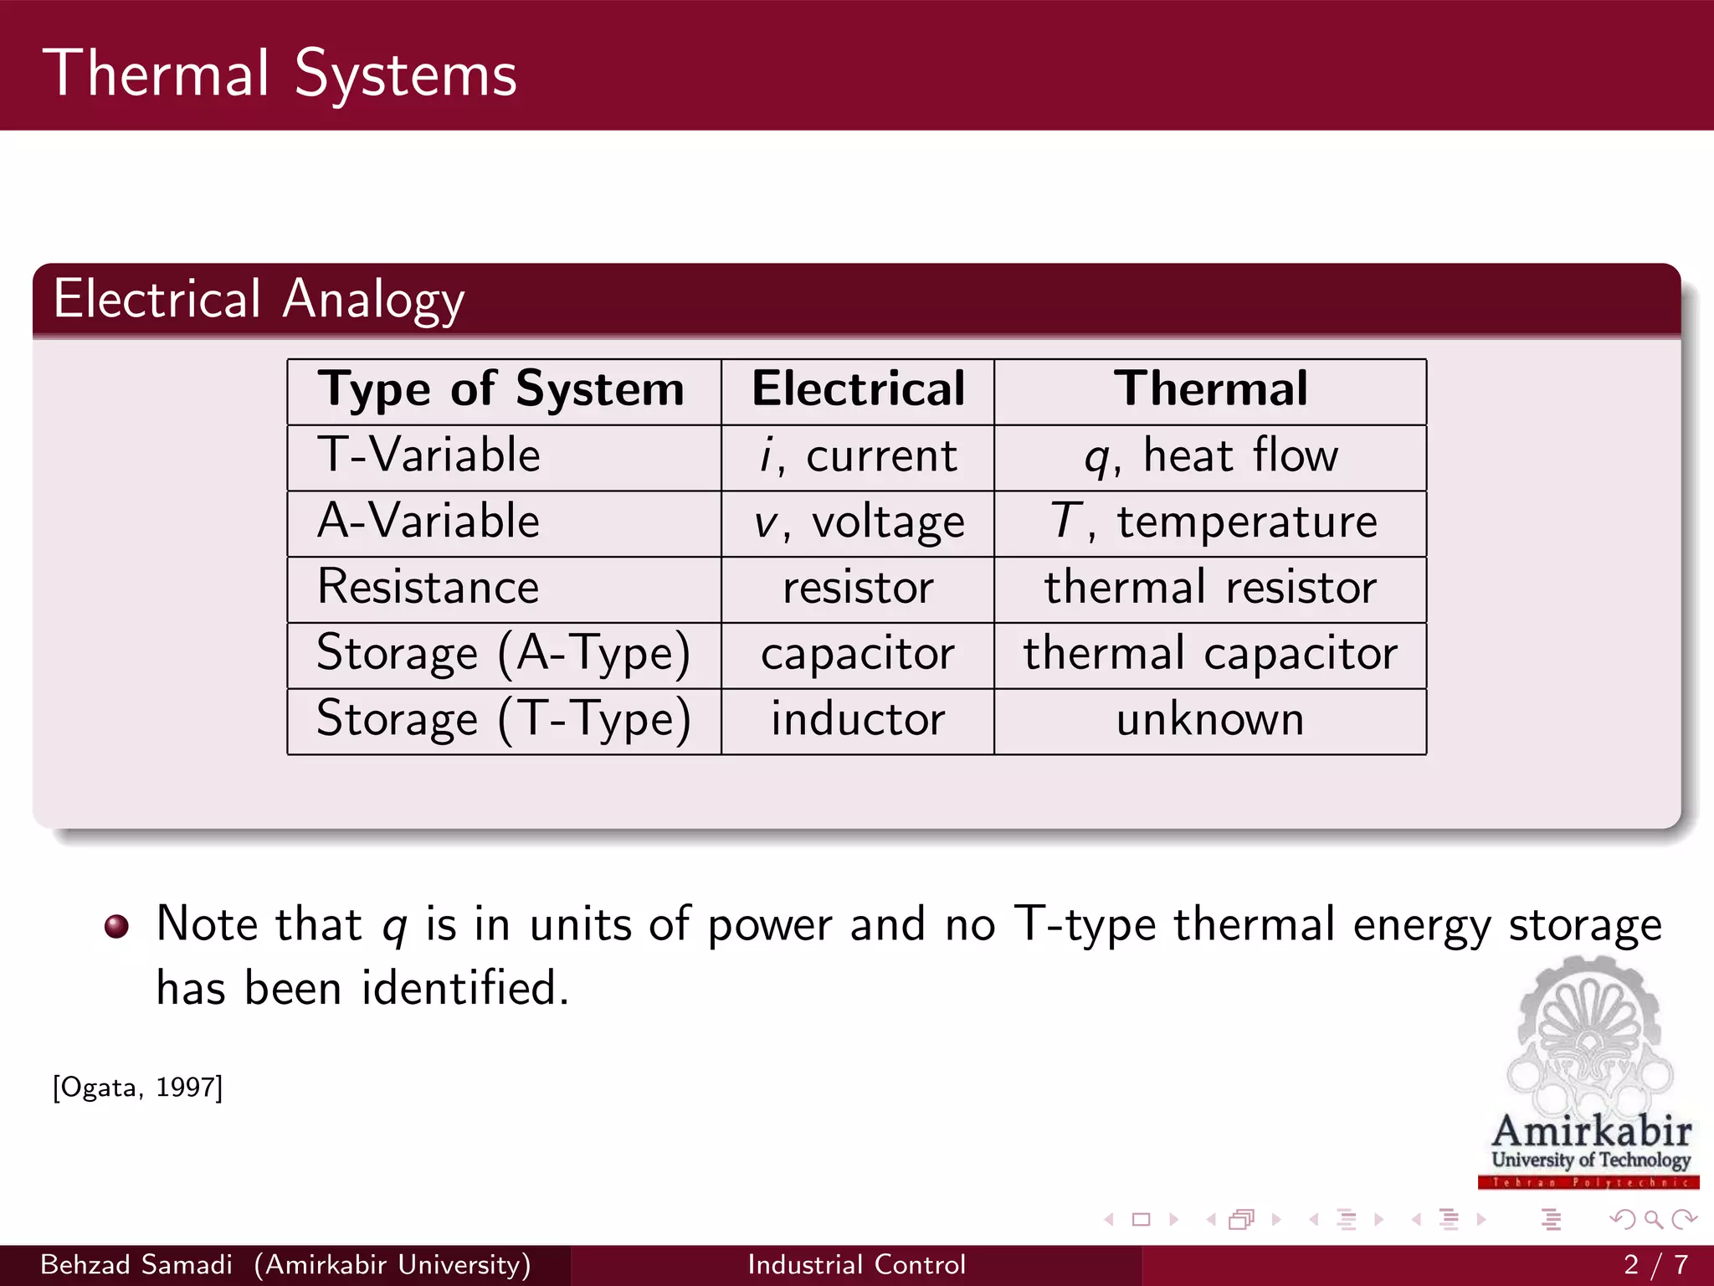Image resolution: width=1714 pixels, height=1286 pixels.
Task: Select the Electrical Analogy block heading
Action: click(259, 299)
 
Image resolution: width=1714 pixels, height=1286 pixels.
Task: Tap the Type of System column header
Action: click(500, 390)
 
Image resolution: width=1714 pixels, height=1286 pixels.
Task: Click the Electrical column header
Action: click(858, 389)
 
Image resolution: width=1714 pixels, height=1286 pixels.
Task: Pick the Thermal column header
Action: click(1210, 389)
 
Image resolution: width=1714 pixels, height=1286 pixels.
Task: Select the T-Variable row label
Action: click(428, 456)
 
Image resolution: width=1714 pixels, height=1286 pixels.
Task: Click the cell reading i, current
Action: click(858, 457)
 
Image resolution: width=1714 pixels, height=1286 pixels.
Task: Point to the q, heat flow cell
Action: click(1210, 457)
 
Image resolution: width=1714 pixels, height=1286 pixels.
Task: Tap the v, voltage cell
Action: click(859, 523)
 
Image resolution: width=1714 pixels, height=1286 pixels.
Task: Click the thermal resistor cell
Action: click(1210, 588)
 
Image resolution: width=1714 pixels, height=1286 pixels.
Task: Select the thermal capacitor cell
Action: click(1210, 654)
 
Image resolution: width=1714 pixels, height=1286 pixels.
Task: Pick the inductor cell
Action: click(858, 720)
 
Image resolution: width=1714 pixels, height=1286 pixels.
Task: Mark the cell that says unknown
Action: click(1210, 720)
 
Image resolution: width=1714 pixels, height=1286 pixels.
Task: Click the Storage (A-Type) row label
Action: click(503, 654)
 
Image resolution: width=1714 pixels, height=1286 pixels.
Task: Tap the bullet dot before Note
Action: click(116, 926)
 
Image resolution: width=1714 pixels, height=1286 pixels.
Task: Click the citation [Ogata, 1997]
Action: click(138, 1088)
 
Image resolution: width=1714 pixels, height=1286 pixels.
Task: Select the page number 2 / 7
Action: click(1655, 1264)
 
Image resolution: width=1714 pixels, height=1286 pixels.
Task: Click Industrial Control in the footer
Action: click(856, 1264)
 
